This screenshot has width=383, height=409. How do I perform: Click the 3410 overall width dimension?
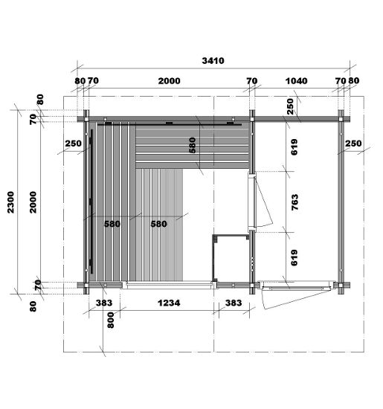pos(213,61)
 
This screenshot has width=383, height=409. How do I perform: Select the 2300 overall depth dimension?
pos(10,202)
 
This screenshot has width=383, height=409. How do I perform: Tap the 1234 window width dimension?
pos(169,303)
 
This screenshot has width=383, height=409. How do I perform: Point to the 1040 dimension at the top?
pos(296,81)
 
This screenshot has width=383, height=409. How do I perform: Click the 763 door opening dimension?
pos(295,202)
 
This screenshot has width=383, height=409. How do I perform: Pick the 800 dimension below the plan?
pos(111,320)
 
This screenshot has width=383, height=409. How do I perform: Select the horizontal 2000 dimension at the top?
pos(169,81)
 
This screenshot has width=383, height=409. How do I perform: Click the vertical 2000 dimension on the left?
pos(33,202)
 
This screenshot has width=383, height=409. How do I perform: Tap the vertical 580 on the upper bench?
pos(193,145)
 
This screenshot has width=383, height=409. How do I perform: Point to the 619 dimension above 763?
pos(294,147)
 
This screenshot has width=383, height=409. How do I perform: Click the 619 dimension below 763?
pos(294,258)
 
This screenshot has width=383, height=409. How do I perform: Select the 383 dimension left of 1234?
pos(104,303)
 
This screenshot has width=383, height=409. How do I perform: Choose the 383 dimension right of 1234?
pos(234,303)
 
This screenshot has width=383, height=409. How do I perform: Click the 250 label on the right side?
pos(353,144)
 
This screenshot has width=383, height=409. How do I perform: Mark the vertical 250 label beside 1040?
pos(290,106)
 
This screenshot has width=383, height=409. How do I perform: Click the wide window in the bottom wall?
pos(169,285)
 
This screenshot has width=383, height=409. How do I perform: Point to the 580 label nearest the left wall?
pos(112,224)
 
